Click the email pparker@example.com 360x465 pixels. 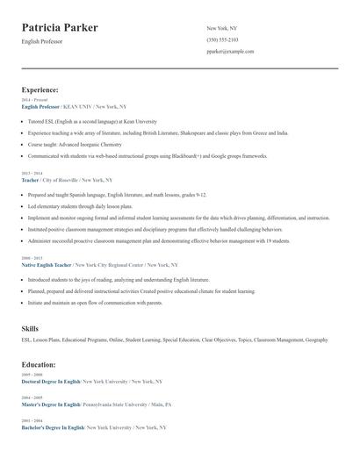(x=230, y=51)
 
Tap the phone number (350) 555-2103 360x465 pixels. (x=222, y=39)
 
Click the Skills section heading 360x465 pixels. (x=30, y=327)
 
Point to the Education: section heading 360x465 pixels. (x=39, y=364)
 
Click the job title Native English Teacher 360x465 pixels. (x=47, y=264)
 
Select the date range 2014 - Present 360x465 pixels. (x=34, y=100)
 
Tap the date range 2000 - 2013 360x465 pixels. (x=32, y=258)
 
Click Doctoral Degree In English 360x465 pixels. (x=51, y=382)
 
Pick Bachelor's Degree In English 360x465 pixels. (x=53, y=427)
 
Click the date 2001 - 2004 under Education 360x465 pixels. (x=32, y=421)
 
